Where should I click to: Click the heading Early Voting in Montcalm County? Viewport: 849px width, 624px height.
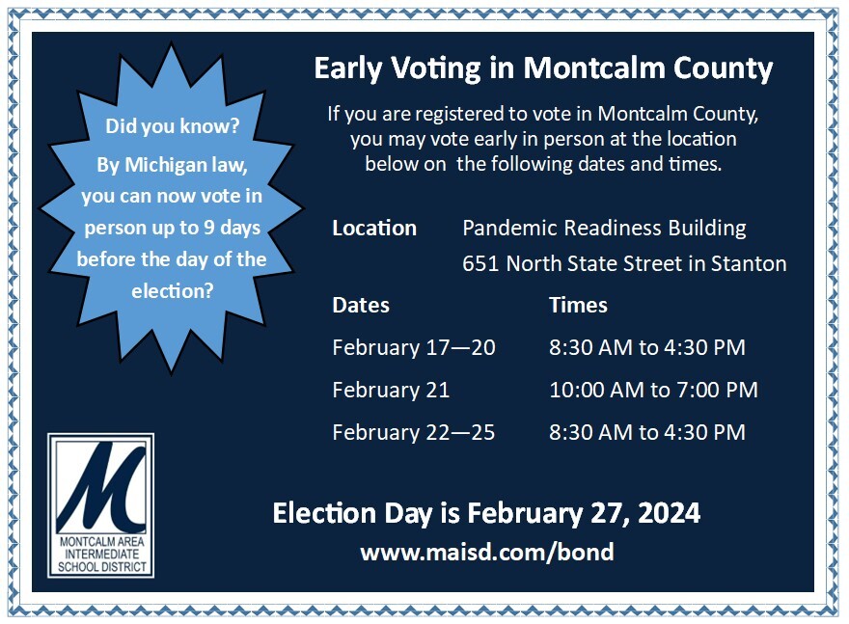(543, 68)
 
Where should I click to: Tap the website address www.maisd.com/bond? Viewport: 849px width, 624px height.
(487, 552)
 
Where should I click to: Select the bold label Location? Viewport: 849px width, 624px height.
(374, 228)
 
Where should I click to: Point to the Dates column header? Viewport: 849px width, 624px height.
(361, 305)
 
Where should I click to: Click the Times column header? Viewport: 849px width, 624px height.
(578, 305)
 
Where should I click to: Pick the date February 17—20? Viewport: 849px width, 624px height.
(414, 347)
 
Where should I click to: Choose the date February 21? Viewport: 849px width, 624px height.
(391, 390)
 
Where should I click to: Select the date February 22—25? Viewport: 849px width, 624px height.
(414, 432)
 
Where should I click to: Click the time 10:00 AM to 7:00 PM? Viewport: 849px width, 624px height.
(653, 390)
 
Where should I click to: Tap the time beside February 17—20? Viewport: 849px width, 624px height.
(647, 347)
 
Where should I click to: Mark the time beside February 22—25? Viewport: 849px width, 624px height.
(647, 432)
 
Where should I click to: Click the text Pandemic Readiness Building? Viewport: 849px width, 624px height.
(604, 228)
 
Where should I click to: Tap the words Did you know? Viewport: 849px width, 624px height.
(172, 126)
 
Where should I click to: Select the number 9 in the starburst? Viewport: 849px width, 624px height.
(209, 228)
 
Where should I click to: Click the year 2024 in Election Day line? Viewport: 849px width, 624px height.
(670, 513)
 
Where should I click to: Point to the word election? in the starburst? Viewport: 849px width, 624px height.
(173, 291)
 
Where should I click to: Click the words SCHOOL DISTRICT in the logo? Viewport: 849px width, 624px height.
(102, 567)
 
